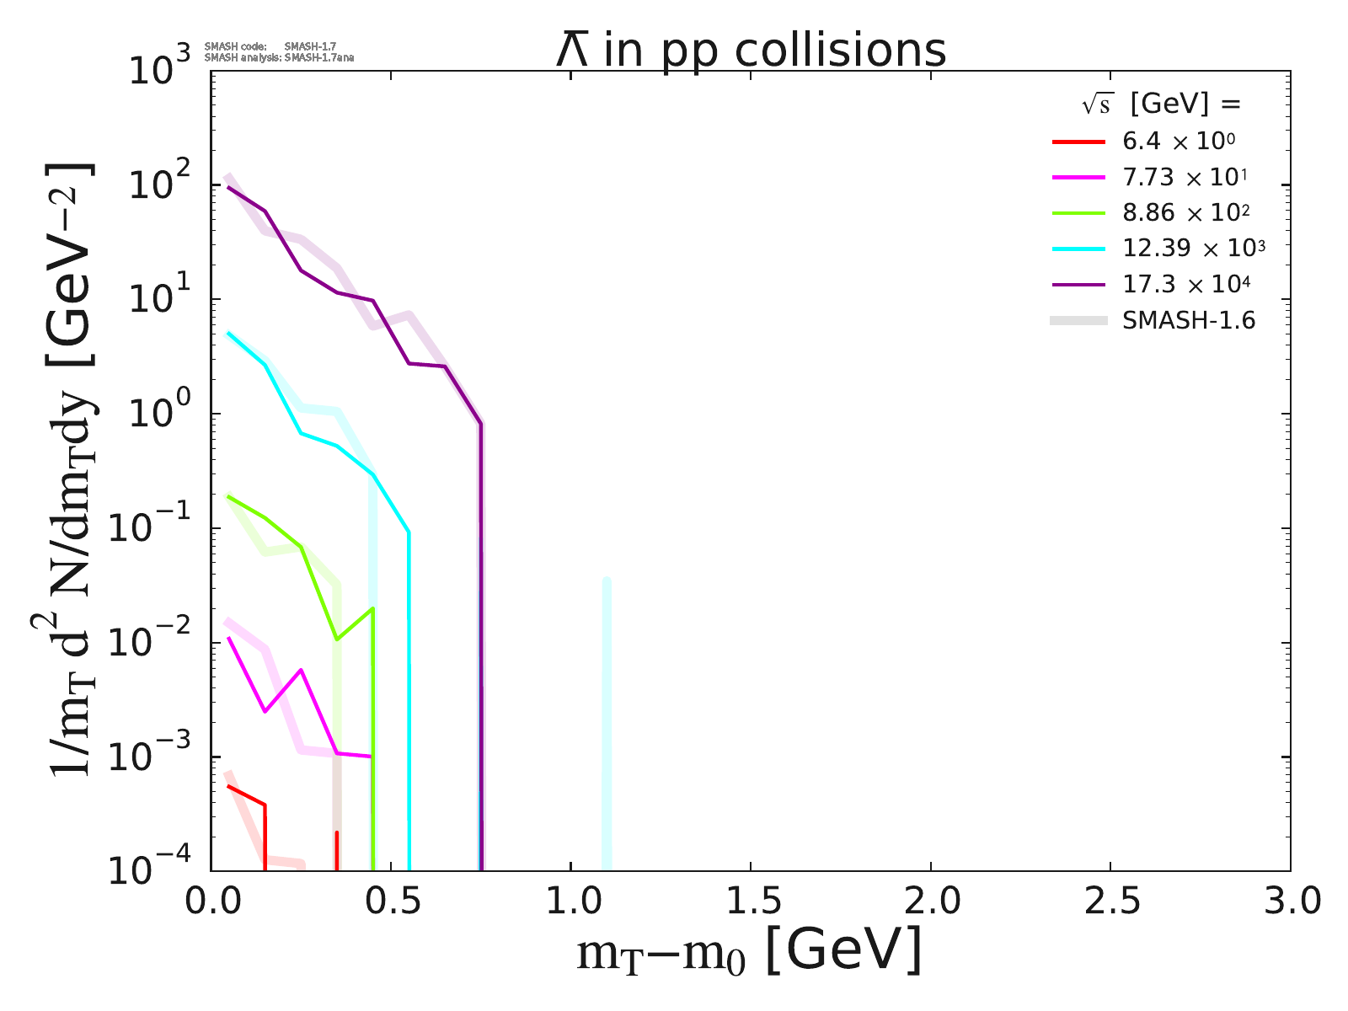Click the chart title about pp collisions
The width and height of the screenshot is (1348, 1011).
[751, 51]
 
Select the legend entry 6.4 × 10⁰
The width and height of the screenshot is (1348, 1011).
[1179, 141]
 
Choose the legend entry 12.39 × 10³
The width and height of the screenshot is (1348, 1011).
[1193, 248]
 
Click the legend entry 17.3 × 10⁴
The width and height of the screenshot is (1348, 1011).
[1185, 283]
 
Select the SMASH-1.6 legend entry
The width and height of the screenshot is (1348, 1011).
[1189, 320]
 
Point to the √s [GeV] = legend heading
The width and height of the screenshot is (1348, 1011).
[1163, 104]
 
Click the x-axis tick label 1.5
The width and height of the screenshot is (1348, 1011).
[751, 901]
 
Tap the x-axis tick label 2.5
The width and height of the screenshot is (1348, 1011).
[1110, 901]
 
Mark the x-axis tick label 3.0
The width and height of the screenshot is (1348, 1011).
[1290, 901]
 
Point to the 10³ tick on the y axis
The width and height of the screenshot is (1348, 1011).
[161, 71]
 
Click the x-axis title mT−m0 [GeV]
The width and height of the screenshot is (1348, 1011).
[749, 952]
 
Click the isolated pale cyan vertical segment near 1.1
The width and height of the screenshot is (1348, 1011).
[607, 725]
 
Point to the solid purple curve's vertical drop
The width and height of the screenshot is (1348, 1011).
[480, 640]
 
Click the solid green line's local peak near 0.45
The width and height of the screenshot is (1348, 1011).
[372, 608]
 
